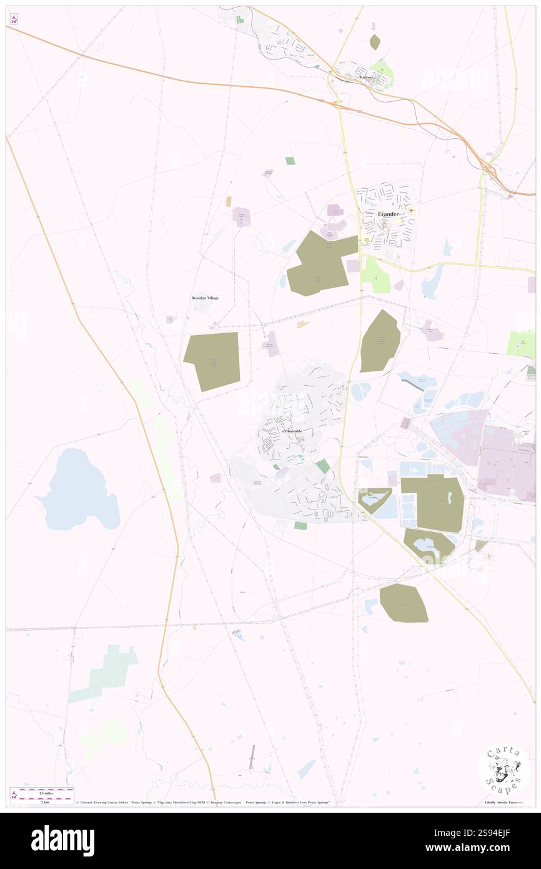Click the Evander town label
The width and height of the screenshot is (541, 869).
388,214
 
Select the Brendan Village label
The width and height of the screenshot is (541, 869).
205,298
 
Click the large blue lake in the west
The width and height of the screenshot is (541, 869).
77,490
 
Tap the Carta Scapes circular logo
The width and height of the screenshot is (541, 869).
504,770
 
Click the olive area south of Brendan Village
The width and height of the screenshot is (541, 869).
212,361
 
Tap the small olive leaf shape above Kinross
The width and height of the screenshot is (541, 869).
375,42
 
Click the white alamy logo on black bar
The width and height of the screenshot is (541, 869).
62,841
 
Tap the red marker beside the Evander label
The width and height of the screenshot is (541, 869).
412,210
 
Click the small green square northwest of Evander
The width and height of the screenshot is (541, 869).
290,161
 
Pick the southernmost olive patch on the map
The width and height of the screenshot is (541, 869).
404,603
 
